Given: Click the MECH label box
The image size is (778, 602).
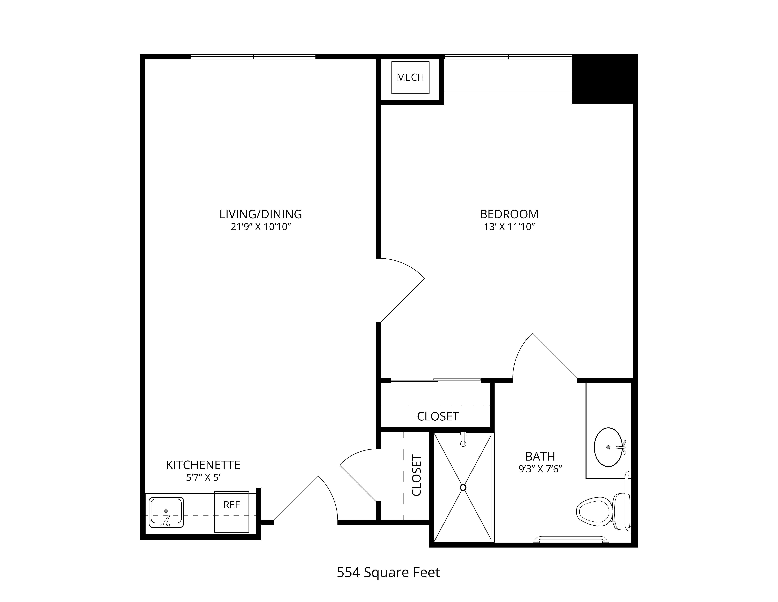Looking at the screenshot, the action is (410, 78).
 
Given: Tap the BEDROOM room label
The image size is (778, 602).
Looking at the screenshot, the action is (509, 214).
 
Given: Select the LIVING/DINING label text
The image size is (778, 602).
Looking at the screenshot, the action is (261, 214).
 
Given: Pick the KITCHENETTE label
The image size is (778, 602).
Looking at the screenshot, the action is (203, 465).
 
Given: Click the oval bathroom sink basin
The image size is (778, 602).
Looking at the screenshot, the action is (608, 447).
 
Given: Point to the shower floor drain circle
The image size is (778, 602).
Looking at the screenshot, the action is (463, 487).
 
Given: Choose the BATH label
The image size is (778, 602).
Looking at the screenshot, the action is (540, 457).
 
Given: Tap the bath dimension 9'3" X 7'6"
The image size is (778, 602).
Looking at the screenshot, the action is (540, 469).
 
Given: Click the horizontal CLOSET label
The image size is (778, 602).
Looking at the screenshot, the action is (438, 417).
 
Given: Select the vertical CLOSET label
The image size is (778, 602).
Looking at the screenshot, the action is (416, 475).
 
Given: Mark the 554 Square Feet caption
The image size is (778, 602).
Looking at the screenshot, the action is (388, 572).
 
